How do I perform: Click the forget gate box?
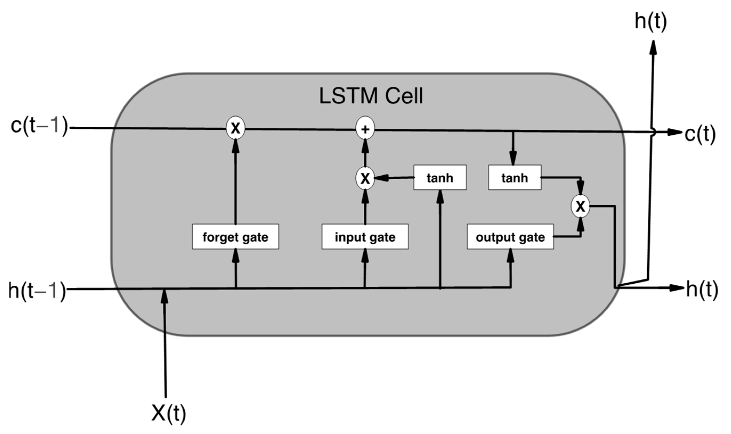click(x=235, y=237)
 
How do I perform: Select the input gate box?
click(x=365, y=237)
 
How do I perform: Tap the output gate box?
click(x=510, y=237)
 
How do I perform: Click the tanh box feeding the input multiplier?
click(x=440, y=177)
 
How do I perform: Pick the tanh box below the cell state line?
click(x=514, y=177)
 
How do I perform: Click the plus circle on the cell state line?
click(x=365, y=129)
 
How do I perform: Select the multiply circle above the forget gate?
click(x=235, y=128)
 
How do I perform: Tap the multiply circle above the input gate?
click(x=365, y=178)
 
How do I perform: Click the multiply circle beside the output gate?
click(x=580, y=206)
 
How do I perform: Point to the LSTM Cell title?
click(x=371, y=96)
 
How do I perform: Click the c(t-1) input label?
click(x=39, y=126)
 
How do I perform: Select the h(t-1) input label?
click(x=37, y=290)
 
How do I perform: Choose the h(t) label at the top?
click(x=651, y=21)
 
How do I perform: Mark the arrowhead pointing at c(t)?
click(x=675, y=133)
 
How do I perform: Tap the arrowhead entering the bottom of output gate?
click(x=511, y=256)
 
